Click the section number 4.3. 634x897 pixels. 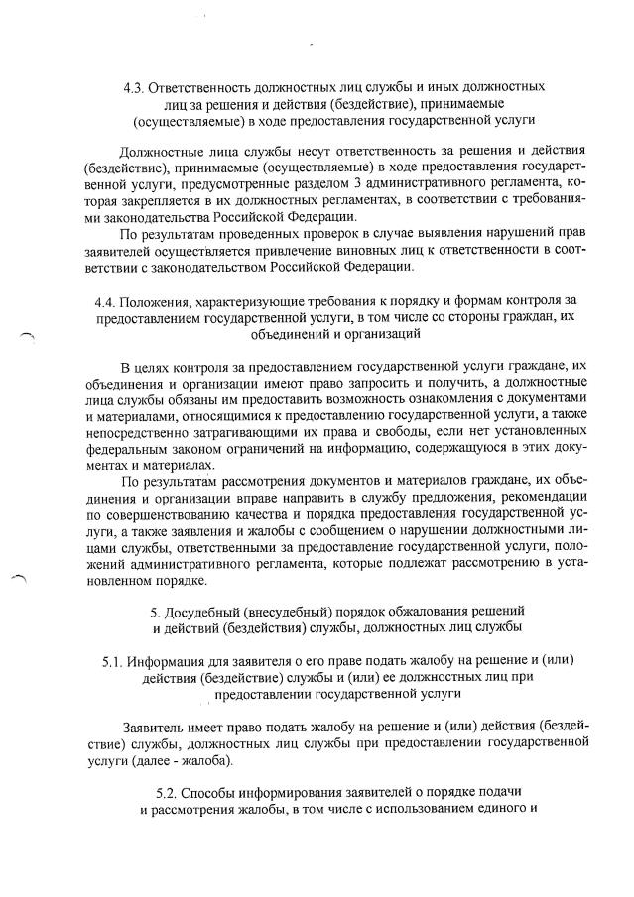[x=134, y=87]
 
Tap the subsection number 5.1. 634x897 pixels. [x=114, y=660]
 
